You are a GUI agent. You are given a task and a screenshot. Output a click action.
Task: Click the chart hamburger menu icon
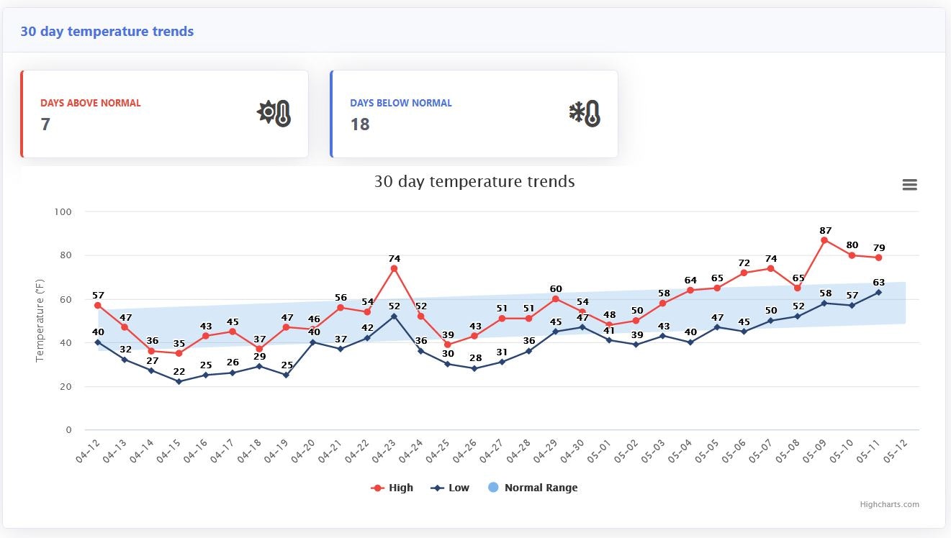pyautogui.click(x=909, y=185)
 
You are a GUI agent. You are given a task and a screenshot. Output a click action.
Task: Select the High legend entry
pyautogui.click(x=392, y=488)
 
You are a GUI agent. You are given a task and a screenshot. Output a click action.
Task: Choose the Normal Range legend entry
pyautogui.click(x=532, y=488)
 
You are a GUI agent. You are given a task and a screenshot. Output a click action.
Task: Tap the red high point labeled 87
pyautogui.click(x=824, y=240)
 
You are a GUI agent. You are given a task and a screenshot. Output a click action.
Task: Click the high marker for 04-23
pyautogui.click(x=394, y=268)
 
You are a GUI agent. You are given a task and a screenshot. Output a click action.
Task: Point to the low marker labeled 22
pyautogui.click(x=179, y=381)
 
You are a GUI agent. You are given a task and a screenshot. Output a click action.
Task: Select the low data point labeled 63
pyautogui.click(x=878, y=292)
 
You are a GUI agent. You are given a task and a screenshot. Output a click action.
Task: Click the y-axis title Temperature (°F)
pyautogui.click(x=40, y=322)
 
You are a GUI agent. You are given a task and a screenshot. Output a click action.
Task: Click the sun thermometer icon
pyautogui.click(x=274, y=114)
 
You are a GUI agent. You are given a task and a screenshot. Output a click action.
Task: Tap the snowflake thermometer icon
pyautogui.click(x=584, y=114)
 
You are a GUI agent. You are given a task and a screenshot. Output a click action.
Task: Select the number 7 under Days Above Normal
pyautogui.click(x=45, y=124)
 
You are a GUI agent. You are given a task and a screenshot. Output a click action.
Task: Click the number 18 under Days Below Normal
pyautogui.click(x=360, y=124)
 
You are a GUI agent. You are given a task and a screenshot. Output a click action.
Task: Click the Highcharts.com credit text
pyautogui.click(x=889, y=504)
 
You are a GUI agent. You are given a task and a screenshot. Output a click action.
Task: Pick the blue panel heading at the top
pyautogui.click(x=107, y=31)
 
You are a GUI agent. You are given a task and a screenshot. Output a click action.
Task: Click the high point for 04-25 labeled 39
pyautogui.click(x=447, y=345)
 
